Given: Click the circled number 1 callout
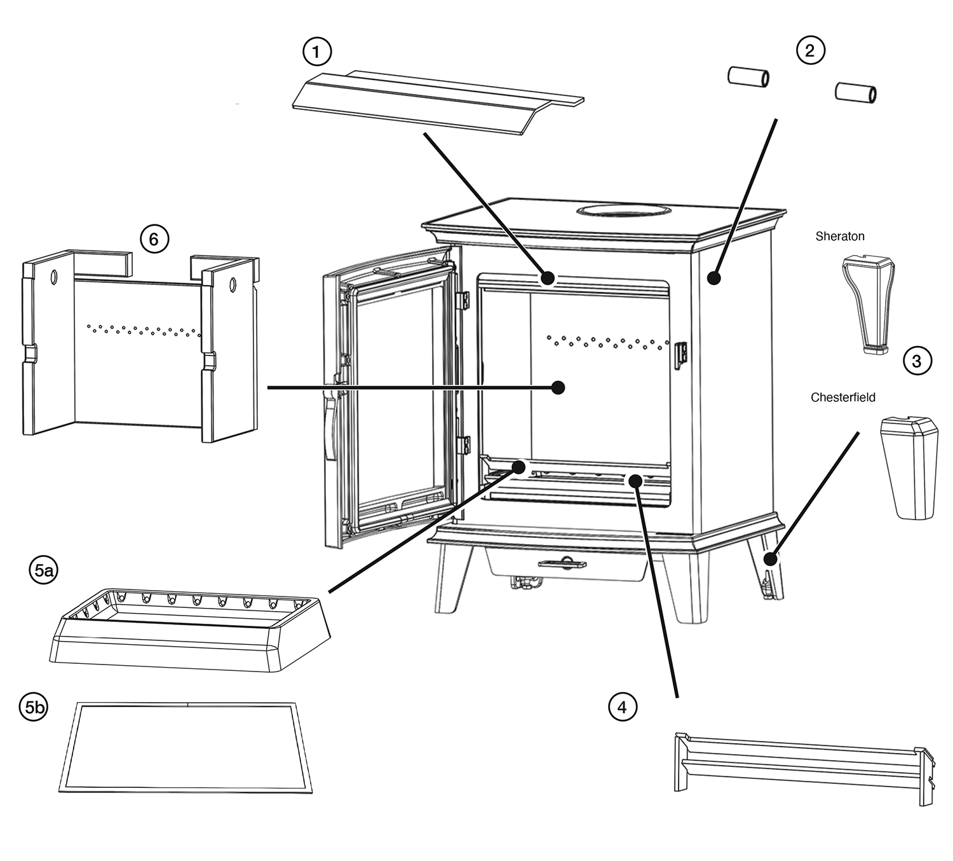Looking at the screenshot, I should point(317,52).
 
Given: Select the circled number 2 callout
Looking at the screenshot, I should point(810,50).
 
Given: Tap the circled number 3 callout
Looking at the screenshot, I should point(916,361).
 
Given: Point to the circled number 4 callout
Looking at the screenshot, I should point(622,706).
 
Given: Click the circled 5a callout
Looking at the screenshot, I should point(43,570).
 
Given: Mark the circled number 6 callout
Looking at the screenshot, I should point(153,239).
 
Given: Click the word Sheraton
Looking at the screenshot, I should point(839,237).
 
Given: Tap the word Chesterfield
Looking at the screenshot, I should point(842,397).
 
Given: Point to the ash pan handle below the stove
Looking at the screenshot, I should point(562,563).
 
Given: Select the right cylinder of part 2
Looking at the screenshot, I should point(855,92).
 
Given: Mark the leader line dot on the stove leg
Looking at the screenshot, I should point(770,560).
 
